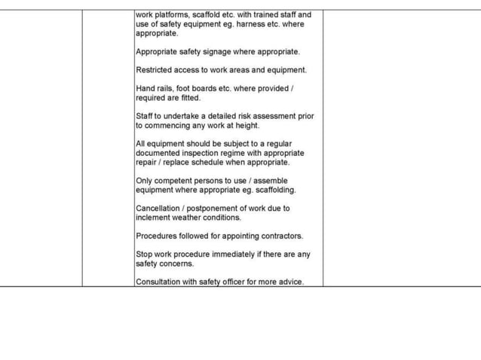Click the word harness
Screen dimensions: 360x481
(253, 24)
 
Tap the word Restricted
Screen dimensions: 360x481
(155, 70)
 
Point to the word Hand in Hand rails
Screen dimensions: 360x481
(145, 89)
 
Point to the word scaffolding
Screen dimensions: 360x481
(271, 190)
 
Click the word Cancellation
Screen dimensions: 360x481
(158, 209)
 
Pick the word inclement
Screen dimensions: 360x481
(153, 218)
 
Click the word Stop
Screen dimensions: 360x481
(144, 255)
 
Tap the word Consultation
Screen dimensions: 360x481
(159, 282)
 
